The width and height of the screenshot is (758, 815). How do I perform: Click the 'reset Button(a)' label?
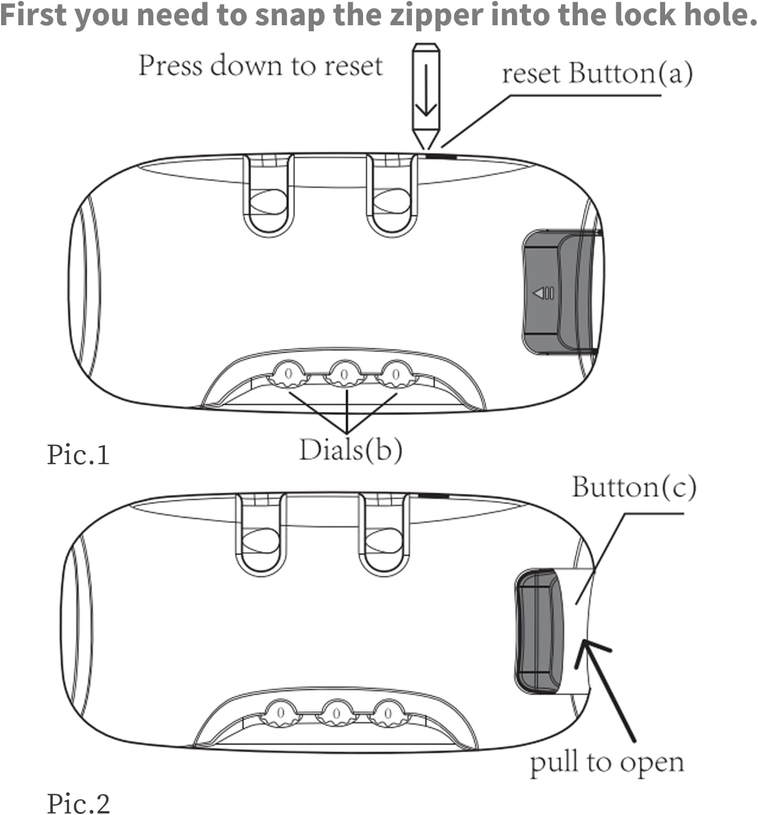[x=597, y=74]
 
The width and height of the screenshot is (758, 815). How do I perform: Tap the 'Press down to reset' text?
[x=260, y=66]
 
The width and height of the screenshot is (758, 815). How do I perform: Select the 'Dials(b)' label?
[x=350, y=450]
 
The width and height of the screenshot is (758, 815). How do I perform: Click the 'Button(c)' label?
[x=634, y=487]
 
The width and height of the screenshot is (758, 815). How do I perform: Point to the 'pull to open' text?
[x=606, y=762]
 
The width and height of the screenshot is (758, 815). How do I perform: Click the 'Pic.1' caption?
[x=79, y=455]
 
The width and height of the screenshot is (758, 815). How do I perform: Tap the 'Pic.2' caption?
[x=79, y=803]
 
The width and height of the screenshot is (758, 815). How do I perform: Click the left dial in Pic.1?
[x=288, y=375]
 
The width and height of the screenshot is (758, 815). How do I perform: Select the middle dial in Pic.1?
[x=344, y=375]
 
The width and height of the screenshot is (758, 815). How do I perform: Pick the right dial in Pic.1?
[x=395, y=375]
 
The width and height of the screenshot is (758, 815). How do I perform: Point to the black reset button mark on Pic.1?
[x=441, y=156]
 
